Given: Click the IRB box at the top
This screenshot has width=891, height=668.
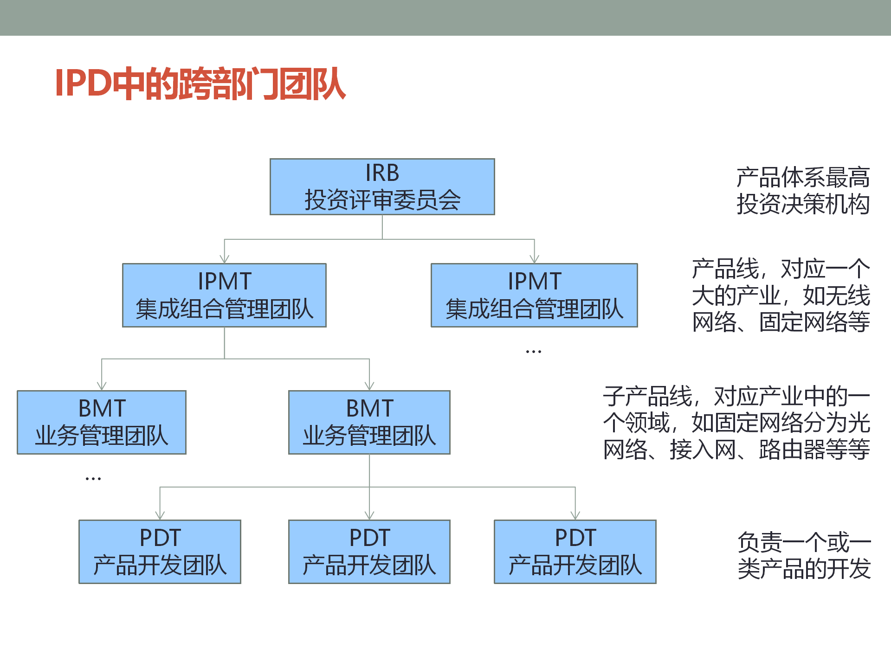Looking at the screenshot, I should coord(382,186).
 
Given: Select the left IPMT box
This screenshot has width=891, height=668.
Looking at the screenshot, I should coord(224,295).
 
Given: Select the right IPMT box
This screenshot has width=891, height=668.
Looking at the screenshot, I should coord(534,295).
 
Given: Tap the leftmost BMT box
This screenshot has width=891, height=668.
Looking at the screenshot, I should coord(102,422).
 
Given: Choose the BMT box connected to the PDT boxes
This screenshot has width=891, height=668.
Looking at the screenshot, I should coord(369,422).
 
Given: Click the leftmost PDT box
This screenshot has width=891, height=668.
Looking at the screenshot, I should coord(160,551).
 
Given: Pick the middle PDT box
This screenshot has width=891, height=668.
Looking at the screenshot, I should coord(369,551).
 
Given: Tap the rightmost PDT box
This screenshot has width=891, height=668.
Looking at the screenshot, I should coord(575,551).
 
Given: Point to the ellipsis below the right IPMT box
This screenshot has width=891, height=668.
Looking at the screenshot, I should coord(534,352).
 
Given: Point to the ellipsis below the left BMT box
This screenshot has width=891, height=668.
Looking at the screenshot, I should coord(93,478).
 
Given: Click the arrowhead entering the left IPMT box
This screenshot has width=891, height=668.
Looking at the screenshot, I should coord(225,259).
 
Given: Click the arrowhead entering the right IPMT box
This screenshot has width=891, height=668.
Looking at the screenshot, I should coord(535,259).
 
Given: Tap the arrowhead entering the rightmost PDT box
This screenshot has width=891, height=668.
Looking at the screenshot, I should coord(575,515).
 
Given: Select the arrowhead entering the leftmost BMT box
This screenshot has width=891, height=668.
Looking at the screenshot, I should coord(102,386).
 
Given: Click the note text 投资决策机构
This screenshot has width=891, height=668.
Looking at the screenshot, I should coord(803,204).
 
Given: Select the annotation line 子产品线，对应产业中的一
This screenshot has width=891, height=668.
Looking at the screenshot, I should coord(736,396).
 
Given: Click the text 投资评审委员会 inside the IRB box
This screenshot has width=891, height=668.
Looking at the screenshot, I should coord(382,200).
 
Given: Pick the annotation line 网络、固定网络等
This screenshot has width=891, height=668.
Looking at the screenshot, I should coord(781,322).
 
